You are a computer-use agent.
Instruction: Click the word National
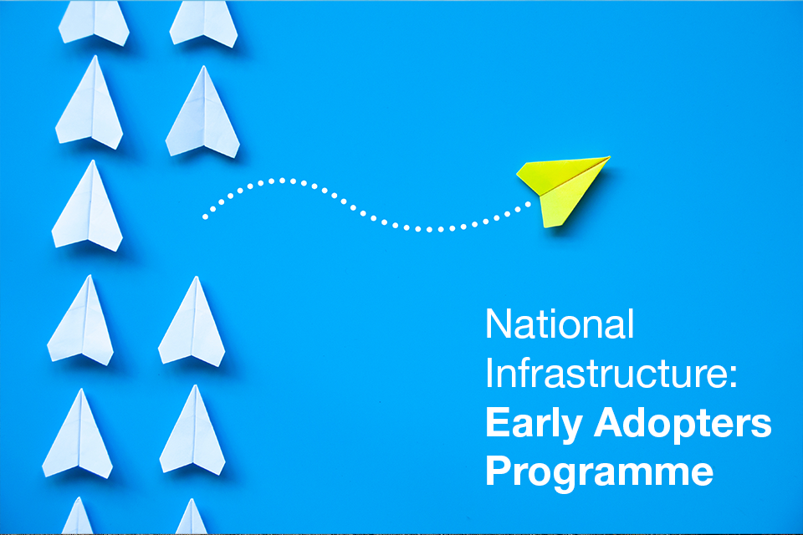pyautogui.click(x=559, y=324)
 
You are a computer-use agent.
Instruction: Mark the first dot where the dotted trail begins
pyautogui.click(x=204, y=217)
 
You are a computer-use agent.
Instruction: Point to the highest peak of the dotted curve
pyautogui.click(x=283, y=180)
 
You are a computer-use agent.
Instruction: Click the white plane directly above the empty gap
pyautogui.click(x=202, y=113)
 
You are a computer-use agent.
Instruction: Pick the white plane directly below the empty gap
pyautogui.click(x=192, y=322)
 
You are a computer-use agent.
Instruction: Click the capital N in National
pyautogui.click(x=497, y=324)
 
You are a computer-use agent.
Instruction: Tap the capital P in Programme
pyautogui.click(x=497, y=471)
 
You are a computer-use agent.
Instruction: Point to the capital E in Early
pyautogui.click(x=496, y=424)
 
